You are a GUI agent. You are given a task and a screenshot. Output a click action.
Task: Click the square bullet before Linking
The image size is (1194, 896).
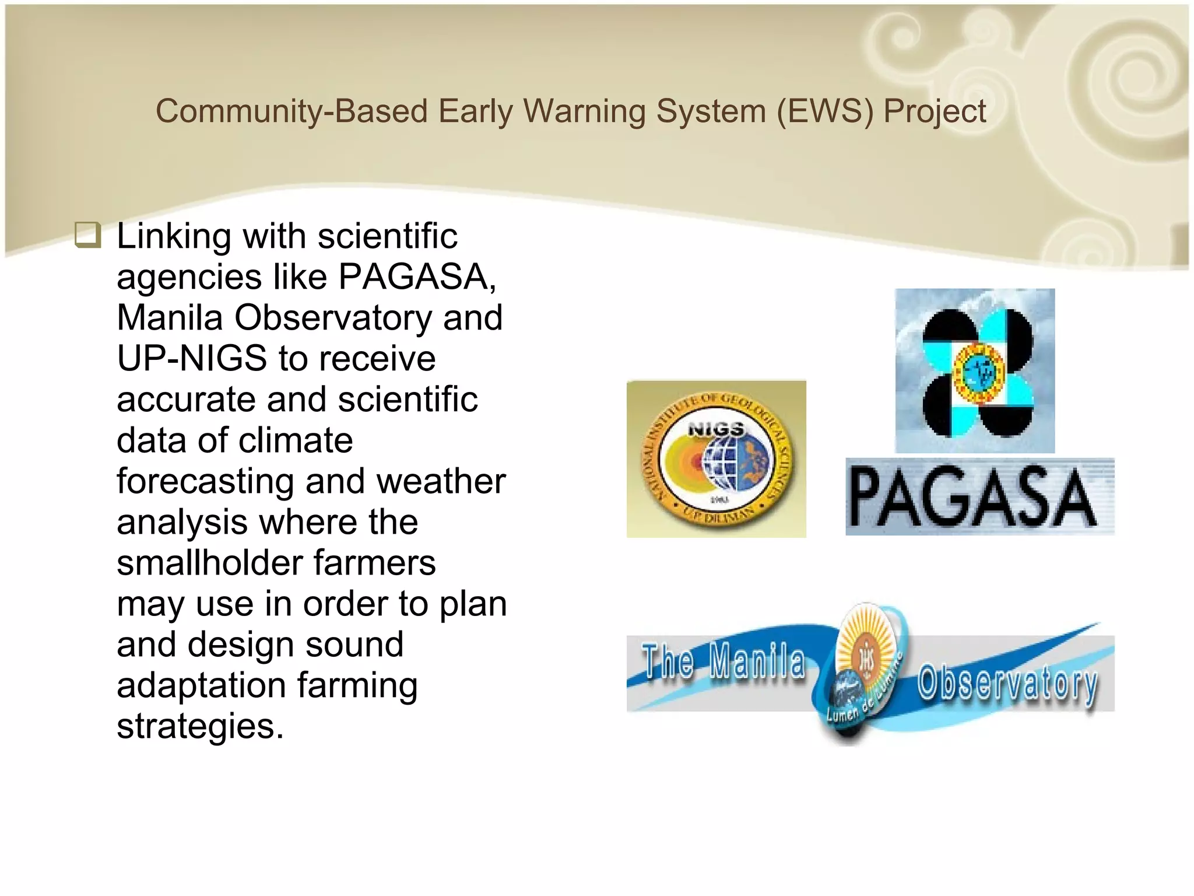(88, 235)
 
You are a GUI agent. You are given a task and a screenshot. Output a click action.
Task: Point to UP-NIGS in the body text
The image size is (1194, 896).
(192, 358)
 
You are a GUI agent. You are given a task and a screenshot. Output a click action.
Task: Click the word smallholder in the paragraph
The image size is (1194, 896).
(209, 563)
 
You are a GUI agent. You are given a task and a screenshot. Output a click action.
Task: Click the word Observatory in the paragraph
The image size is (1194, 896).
(333, 318)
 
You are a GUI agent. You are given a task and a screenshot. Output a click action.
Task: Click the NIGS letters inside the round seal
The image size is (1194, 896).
(716, 429)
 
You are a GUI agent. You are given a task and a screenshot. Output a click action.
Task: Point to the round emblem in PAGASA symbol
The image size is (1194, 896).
(979, 372)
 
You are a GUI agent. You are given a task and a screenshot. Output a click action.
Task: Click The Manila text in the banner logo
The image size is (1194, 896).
(723, 661)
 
